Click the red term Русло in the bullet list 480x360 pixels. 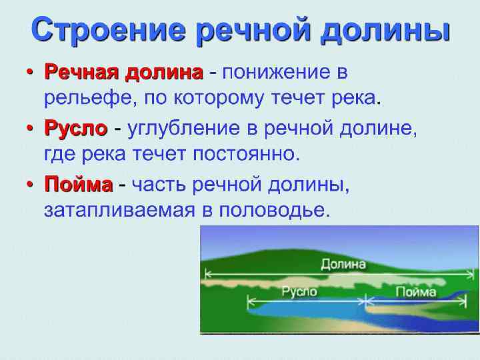click(x=75, y=127)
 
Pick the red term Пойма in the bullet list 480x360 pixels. click(x=78, y=183)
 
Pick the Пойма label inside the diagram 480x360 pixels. click(x=415, y=291)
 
